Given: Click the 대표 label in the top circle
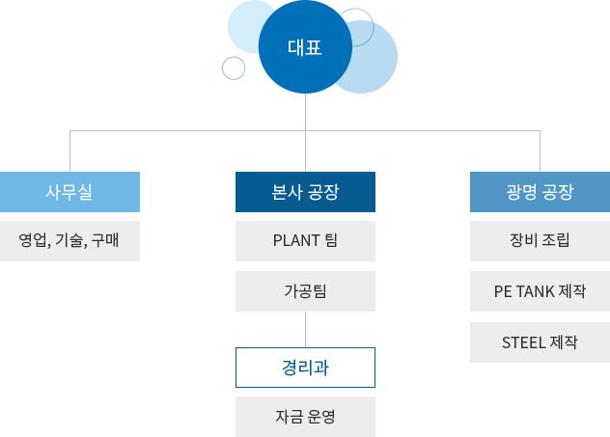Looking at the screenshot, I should tap(305, 46).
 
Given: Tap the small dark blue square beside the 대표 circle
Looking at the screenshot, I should tap(234, 68).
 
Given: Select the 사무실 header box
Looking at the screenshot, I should tap(70, 191).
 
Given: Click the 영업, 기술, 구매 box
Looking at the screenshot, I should tap(70, 240).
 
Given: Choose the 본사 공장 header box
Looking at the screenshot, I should tap(305, 191).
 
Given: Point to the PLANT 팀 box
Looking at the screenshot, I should tap(305, 240).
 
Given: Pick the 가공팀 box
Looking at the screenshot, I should tap(305, 290).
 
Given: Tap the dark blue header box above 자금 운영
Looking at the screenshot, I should tap(305, 367).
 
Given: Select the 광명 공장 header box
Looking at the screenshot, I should tap(539, 191).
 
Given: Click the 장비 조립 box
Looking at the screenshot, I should tap(539, 240).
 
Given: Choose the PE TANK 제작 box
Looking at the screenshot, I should tap(539, 290).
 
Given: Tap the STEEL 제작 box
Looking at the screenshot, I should tap(539, 341).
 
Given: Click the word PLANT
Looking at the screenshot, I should tap(295, 240).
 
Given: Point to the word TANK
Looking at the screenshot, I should tap(534, 290).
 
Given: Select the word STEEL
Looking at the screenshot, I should tap(523, 341).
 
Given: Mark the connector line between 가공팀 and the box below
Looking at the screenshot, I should tap(305, 329).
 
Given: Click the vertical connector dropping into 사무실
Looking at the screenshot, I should tap(69, 150).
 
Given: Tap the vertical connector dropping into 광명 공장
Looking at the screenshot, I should tap(539, 150).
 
